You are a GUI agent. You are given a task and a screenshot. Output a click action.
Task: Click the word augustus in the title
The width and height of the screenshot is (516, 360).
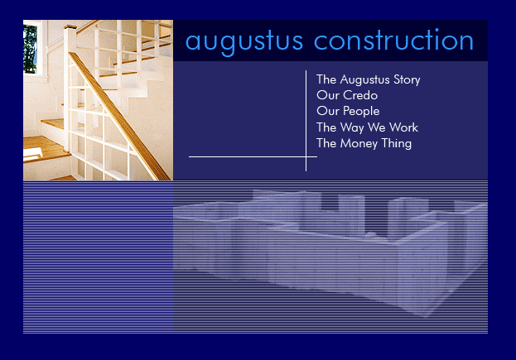(244, 41)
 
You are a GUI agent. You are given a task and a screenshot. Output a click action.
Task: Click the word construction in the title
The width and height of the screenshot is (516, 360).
(393, 40)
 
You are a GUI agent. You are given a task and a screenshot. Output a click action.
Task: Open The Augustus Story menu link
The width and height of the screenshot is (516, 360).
(369, 80)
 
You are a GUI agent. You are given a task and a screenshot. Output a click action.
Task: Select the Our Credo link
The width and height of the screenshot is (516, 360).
(347, 95)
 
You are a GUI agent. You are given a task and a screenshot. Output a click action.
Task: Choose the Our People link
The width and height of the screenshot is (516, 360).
(348, 111)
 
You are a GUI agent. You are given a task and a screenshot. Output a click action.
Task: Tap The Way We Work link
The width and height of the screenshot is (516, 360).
(367, 127)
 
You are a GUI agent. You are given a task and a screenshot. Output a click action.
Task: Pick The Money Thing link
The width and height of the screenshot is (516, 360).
(364, 143)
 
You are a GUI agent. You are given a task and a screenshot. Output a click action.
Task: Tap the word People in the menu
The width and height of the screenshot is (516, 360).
(361, 111)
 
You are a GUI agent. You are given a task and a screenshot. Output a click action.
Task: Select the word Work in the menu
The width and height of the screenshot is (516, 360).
(404, 127)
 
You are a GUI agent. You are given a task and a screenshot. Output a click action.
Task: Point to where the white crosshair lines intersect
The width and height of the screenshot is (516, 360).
(306, 156)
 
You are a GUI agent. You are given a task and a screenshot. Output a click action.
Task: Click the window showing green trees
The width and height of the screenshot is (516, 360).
(31, 48)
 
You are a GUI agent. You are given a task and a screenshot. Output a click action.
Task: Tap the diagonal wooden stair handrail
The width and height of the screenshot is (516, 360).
(120, 116)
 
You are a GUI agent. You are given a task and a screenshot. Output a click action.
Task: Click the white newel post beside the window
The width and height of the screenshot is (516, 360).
(70, 89)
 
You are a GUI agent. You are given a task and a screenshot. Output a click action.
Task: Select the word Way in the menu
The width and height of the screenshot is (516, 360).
(352, 127)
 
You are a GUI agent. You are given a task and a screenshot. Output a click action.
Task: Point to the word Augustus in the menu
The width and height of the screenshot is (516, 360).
(364, 80)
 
